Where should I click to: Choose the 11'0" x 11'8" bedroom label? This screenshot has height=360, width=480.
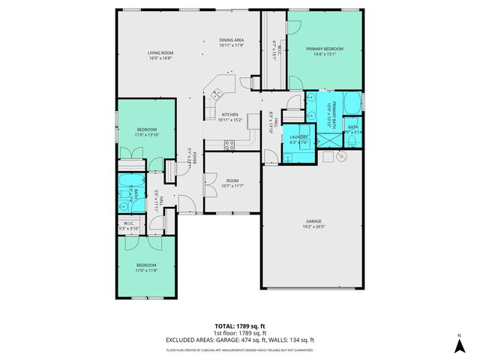coord(145,266)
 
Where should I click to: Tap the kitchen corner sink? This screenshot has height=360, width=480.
coord(217,94)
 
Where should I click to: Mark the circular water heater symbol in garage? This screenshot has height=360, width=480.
coord(341,157)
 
